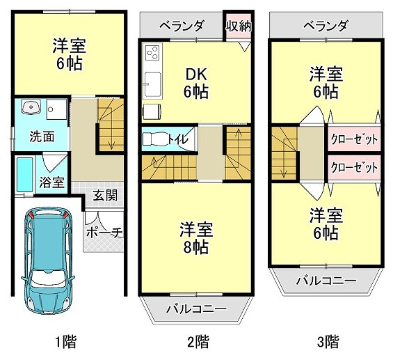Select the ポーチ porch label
pos(104,233)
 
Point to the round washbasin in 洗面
pos(30,108)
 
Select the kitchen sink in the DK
pos(151,86)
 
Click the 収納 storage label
pos(237,26)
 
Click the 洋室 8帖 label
pos(196,237)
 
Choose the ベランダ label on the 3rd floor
pos(325,26)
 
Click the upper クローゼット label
pos(353,139)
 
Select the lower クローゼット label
pos(353,168)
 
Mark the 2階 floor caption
pos(198,342)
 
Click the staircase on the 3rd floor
pos(284,155)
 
